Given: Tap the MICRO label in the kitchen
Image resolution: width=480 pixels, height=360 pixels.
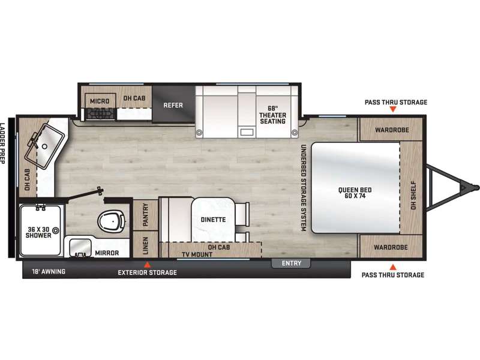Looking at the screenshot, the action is click(x=100, y=101).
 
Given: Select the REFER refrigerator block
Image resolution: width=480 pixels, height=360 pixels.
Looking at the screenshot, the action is click(x=173, y=104).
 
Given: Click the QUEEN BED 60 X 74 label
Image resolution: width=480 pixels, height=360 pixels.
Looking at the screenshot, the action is click(x=355, y=193).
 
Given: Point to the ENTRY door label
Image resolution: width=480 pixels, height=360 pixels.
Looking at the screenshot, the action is click(x=292, y=263).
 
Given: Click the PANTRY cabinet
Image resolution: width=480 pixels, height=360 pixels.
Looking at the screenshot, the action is click(x=145, y=215).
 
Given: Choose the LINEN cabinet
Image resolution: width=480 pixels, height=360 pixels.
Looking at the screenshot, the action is click(x=145, y=245).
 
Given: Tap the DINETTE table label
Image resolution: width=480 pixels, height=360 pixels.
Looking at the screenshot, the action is click(x=214, y=220).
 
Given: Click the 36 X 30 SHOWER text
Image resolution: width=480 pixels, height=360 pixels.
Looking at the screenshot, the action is click(x=38, y=232).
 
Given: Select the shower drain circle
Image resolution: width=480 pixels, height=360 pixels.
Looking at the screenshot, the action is click(x=56, y=230).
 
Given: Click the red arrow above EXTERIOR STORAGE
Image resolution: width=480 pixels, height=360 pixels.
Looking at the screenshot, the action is click(x=148, y=265).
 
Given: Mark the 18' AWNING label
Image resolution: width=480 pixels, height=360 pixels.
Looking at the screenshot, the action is click(x=49, y=271).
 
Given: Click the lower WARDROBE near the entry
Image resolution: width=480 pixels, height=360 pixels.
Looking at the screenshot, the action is click(x=390, y=247).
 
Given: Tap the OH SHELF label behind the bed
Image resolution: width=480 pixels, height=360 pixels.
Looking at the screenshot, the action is click(x=413, y=196).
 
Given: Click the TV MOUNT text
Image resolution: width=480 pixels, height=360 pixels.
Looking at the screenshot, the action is click(x=197, y=254).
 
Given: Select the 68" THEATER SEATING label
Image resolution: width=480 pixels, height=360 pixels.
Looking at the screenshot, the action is click(x=272, y=115).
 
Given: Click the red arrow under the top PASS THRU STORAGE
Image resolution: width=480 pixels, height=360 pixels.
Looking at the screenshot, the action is click(x=393, y=109).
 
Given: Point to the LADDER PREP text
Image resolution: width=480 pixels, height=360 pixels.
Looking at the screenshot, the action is click(x=2, y=143).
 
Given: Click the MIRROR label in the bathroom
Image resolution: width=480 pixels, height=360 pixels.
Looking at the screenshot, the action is click(x=107, y=253).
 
